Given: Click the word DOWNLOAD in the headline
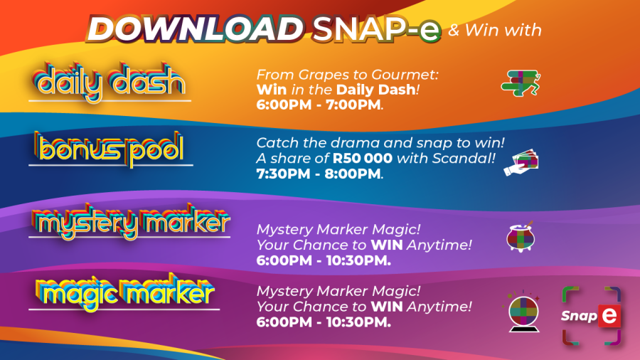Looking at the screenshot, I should pyautogui.click(x=194, y=29).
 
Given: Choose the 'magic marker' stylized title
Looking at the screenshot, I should pyautogui.click(x=124, y=292).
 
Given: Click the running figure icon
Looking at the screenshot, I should pyautogui.click(x=521, y=82).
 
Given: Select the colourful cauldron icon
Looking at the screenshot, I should pyautogui.click(x=520, y=238).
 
